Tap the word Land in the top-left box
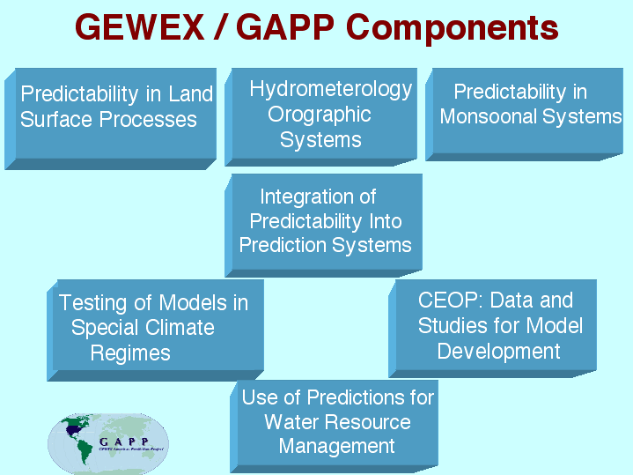[190, 94]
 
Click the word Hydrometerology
[330, 89]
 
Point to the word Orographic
[320, 115]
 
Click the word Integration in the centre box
[307, 197]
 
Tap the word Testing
[92, 303]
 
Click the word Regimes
[130, 354]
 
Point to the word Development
[498, 352]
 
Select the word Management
[336, 447]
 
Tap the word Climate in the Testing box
[180, 329]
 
